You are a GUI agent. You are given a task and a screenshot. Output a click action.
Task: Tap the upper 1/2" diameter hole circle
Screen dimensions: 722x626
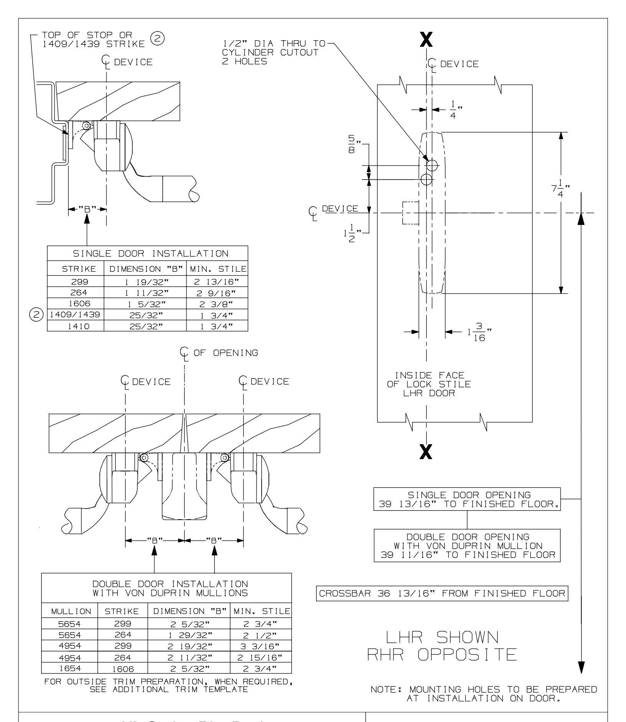432,165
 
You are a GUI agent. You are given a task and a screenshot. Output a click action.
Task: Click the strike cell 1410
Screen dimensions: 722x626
76,326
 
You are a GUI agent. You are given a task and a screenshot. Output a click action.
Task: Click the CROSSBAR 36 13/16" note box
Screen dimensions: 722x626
441,604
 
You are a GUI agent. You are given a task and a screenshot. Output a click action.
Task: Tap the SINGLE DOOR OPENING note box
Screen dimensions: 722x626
467,499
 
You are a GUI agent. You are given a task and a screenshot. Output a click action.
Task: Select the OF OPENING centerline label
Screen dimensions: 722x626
220,352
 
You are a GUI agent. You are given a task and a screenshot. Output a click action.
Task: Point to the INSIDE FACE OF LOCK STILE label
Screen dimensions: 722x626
428,384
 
